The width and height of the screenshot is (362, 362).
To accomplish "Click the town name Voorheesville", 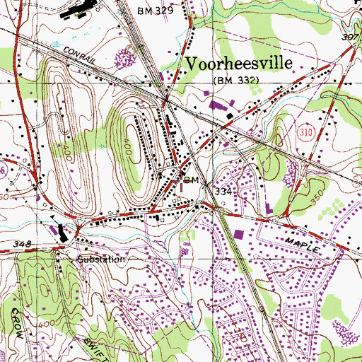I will [x=239, y=64].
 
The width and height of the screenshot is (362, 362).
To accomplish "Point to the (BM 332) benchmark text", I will [x=237, y=82].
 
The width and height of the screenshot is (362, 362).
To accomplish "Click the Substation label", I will [x=102, y=259].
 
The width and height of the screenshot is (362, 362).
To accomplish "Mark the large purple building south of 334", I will [x=238, y=235].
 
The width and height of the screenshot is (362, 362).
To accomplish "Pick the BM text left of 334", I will [x=188, y=181].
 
